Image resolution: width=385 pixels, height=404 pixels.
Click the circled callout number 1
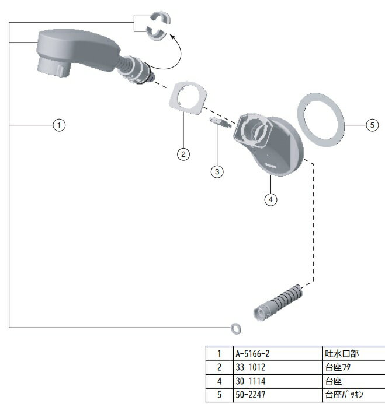click(59, 125)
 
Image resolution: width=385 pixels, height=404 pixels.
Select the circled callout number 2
click(183, 154)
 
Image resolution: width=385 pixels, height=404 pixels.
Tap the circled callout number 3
click(217, 171)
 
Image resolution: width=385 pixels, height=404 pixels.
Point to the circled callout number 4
click(270, 199)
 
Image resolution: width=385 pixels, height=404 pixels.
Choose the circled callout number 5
click(372, 125)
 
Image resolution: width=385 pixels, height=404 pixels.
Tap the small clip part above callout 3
click(220, 122)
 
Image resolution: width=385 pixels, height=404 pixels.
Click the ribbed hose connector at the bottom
click(278, 302)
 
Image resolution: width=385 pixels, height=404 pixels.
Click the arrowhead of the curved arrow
click(171, 36)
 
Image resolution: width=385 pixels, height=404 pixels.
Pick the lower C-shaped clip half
click(150, 33)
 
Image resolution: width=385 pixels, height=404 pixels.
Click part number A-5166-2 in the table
click(252, 354)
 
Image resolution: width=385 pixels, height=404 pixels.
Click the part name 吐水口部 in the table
click(342, 354)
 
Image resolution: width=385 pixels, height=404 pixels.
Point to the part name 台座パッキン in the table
click(344, 395)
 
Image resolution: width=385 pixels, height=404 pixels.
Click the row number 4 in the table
click(219, 381)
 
